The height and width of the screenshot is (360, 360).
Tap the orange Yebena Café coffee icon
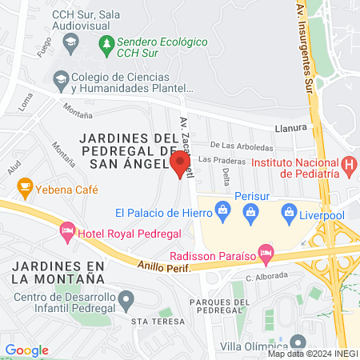coord(25,190)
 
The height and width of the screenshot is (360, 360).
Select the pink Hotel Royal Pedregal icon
coord(68,232)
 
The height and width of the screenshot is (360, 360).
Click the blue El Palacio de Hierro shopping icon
coord(223,213)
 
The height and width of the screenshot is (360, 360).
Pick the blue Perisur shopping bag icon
coord(252,213)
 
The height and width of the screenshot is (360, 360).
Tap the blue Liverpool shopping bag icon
coord(289,213)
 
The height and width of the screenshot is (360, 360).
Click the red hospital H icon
coord(349,166)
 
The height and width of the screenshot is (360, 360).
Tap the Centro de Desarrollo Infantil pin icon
coord(126,300)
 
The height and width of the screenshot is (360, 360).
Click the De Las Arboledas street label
coord(242,146)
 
